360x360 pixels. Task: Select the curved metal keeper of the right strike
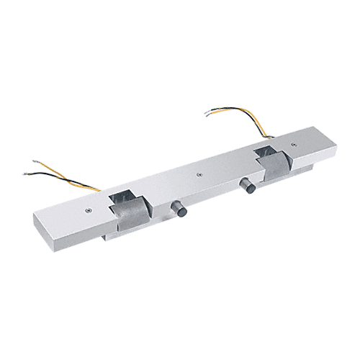[274, 168]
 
